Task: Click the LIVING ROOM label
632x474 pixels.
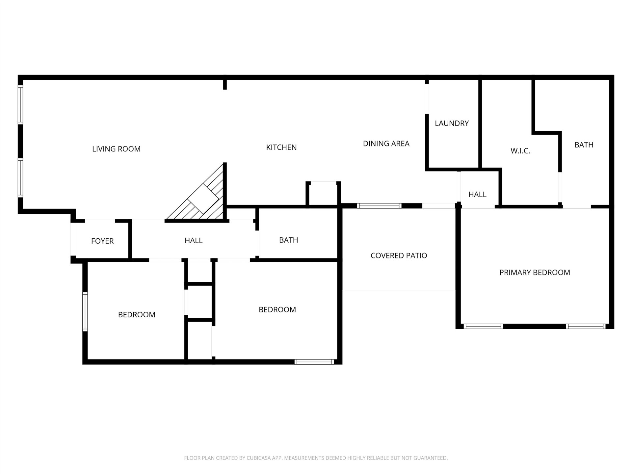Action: coord(116,149)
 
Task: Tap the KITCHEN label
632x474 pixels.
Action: coord(281,147)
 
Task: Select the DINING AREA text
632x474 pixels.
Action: coord(386,144)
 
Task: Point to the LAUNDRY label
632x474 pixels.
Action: coord(452,123)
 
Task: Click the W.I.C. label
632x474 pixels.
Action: coord(520,151)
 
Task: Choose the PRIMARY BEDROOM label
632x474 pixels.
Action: coord(535,273)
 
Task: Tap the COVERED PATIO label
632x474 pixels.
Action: coord(399,256)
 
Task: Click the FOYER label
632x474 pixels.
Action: coord(102,241)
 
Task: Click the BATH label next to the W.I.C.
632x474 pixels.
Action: coord(584,145)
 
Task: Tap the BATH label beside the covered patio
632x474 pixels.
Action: coord(288,240)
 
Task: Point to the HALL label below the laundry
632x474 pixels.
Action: coord(477,195)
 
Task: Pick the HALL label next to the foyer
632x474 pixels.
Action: coord(194,241)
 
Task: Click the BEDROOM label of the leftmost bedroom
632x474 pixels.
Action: coord(137,315)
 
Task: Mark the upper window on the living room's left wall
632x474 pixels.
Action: coord(20,105)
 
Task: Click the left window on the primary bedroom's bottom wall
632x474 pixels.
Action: coord(483,327)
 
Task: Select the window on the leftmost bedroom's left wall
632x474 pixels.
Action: coord(85,311)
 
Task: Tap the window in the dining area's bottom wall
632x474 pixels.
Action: coord(379,206)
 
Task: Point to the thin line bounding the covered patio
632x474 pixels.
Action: coord(399,290)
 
